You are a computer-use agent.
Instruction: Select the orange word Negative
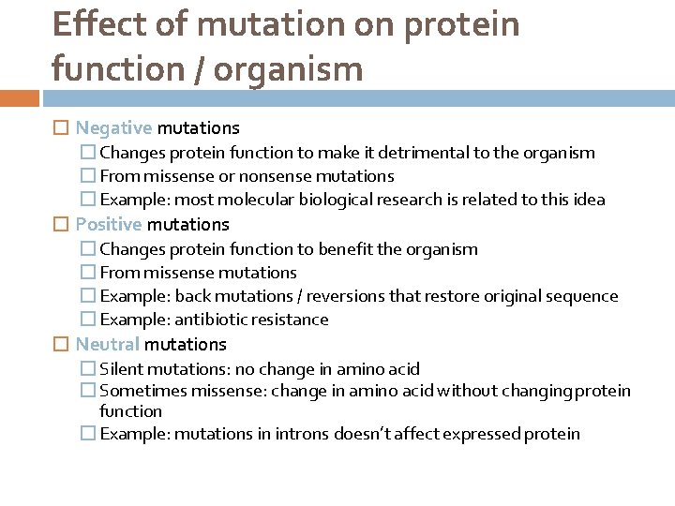[x=113, y=127]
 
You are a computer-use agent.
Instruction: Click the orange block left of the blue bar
[x=19, y=97]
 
